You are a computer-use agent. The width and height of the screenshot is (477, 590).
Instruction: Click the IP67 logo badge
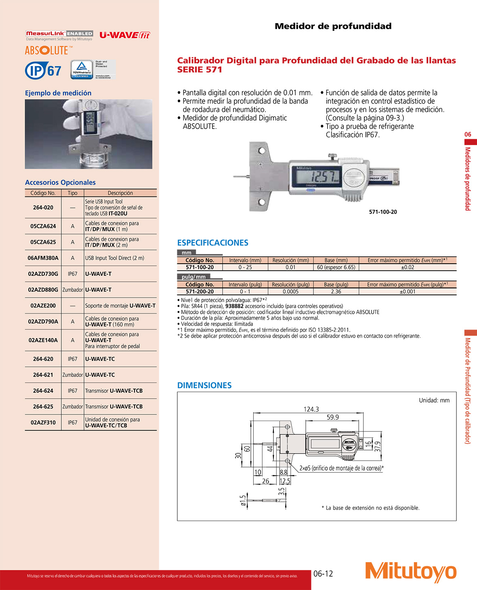click(x=43, y=71)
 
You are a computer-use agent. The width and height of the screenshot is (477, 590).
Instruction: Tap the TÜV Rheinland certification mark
click(x=82, y=70)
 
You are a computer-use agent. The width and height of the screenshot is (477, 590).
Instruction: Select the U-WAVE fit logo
click(x=124, y=35)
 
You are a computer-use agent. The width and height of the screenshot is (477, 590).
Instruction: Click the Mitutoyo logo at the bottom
click(x=411, y=572)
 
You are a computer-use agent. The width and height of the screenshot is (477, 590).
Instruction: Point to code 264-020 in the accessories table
click(x=43, y=207)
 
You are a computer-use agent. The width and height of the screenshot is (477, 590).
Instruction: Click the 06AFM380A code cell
click(x=43, y=258)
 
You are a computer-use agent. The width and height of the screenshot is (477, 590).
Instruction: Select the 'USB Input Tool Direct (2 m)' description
click(x=114, y=258)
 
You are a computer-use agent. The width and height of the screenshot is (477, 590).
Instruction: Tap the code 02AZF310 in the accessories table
click(x=43, y=423)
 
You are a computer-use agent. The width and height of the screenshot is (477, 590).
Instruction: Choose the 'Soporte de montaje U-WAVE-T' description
click(x=120, y=306)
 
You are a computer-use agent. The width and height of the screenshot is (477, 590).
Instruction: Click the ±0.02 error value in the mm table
click(x=407, y=267)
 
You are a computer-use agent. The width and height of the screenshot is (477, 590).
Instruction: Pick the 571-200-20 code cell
click(x=200, y=292)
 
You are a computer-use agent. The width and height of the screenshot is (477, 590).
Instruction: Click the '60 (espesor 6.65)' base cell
click(x=336, y=267)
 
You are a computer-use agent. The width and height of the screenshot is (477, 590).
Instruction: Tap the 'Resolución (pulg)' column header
click(x=290, y=285)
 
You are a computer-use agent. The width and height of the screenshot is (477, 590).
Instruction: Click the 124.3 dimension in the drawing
click(x=311, y=409)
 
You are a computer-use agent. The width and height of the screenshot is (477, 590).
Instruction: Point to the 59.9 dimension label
click(x=332, y=417)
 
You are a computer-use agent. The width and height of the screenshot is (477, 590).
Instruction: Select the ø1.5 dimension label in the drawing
click(x=243, y=501)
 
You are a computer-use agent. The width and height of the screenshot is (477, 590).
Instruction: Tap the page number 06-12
click(x=323, y=573)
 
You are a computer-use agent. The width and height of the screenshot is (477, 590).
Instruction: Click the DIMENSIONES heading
click(x=204, y=385)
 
